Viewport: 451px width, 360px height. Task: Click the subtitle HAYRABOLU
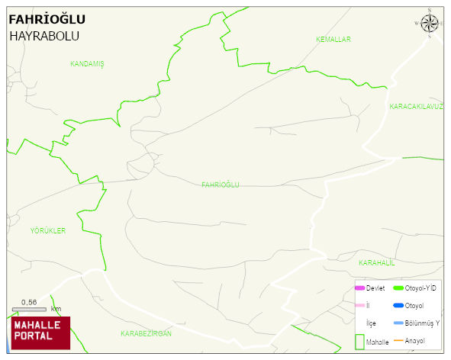tap(44, 36)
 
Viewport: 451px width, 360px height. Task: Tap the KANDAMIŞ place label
tap(87, 64)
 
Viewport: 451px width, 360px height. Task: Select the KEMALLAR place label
tap(333, 39)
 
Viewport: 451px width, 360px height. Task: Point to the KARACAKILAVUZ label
tap(416, 107)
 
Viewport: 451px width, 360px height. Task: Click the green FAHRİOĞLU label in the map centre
tap(221, 185)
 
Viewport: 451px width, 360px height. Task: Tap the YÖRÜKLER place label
tap(48, 230)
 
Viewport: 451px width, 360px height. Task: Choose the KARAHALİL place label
tap(376, 262)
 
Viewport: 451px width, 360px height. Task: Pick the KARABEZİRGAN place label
tap(147, 334)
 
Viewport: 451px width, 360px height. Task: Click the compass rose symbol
tap(430, 24)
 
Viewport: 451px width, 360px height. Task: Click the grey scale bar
tap(29, 309)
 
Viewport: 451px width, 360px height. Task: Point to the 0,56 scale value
tap(30, 301)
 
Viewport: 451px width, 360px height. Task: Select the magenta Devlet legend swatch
tap(359, 288)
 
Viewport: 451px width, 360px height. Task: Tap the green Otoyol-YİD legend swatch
tap(398, 288)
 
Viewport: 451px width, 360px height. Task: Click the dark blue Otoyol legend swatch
tap(398, 306)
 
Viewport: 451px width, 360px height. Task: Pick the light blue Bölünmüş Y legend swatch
tap(398, 323)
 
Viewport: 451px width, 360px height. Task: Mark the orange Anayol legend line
tap(398, 340)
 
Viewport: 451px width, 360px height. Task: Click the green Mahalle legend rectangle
tap(359, 340)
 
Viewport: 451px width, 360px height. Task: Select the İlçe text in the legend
tap(371, 323)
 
